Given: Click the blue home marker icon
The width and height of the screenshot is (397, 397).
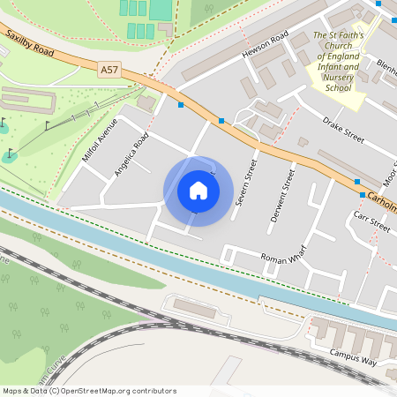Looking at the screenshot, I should pyautogui.click(x=198, y=191).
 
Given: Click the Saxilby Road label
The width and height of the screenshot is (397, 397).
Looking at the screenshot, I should pyautogui.click(x=29, y=45).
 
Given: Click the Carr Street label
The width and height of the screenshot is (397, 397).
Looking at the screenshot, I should pyautogui.click(x=371, y=220).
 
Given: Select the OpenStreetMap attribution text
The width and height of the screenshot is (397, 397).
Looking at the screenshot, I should pyautogui.click(x=88, y=391).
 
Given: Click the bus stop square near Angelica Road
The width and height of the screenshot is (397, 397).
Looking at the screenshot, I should pyautogui.click(x=181, y=105).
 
